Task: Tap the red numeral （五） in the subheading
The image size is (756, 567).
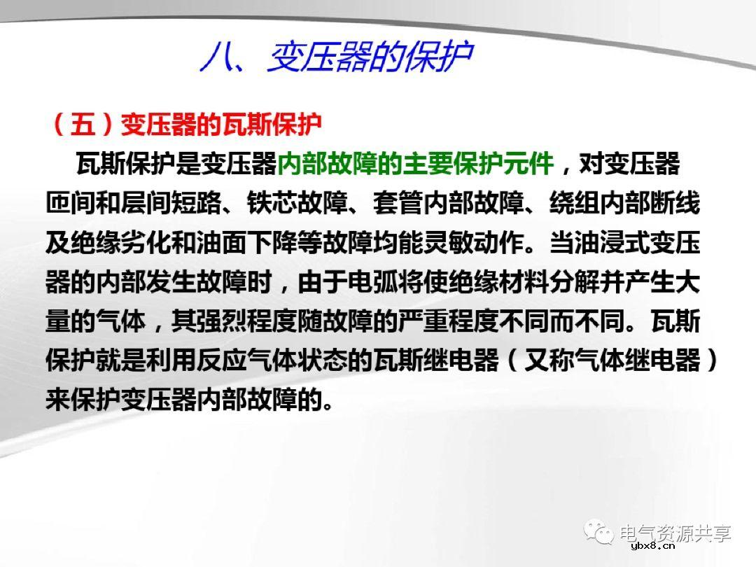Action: click(83, 125)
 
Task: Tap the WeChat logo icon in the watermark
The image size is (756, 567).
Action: click(601, 533)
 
